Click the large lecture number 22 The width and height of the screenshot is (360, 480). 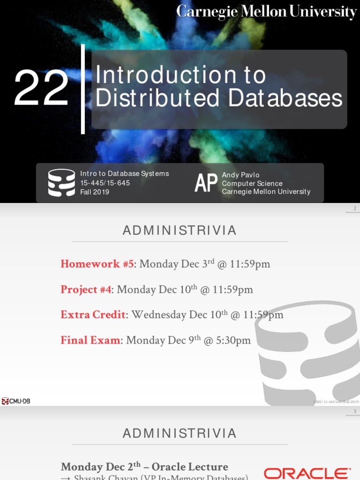coord(41,88)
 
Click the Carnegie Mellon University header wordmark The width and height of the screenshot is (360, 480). coord(266,11)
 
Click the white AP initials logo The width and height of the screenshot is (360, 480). coord(206,183)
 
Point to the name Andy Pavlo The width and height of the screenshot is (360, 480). coord(240,175)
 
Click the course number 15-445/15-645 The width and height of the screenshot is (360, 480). coord(105,183)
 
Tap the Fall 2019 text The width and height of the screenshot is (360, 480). coord(95,192)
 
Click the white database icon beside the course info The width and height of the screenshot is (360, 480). coord(61,182)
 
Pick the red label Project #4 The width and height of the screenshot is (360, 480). coord(86,289)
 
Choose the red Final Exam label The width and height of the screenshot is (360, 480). coord(90,340)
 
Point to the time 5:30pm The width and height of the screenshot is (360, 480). coord(233,340)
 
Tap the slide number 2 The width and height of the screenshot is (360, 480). coord(355,209)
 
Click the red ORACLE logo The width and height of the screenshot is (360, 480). coord(307,473)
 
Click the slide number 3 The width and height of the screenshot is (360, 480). coord(355,412)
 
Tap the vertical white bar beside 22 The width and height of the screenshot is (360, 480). coord(83,89)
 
